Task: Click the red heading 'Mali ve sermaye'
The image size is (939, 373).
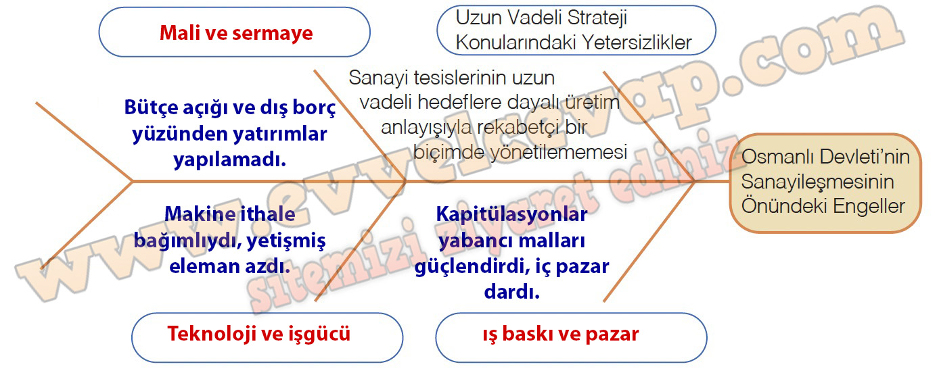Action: click(x=236, y=33)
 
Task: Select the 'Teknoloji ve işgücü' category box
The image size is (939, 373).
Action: click(x=267, y=337)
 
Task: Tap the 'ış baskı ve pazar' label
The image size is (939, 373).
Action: click(x=560, y=334)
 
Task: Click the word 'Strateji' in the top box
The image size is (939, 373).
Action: click(x=597, y=18)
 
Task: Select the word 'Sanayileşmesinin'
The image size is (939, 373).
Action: click(x=817, y=182)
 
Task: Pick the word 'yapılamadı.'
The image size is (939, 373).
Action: click(x=230, y=159)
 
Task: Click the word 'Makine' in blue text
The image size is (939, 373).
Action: click(x=194, y=214)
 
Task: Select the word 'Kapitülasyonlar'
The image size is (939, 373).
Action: click(x=511, y=215)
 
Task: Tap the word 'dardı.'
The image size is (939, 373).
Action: click(x=512, y=292)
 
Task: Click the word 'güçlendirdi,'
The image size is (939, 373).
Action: click(x=475, y=267)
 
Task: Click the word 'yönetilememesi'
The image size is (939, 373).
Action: click(x=558, y=152)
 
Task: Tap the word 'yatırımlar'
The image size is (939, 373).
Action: click(x=279, y=134)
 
